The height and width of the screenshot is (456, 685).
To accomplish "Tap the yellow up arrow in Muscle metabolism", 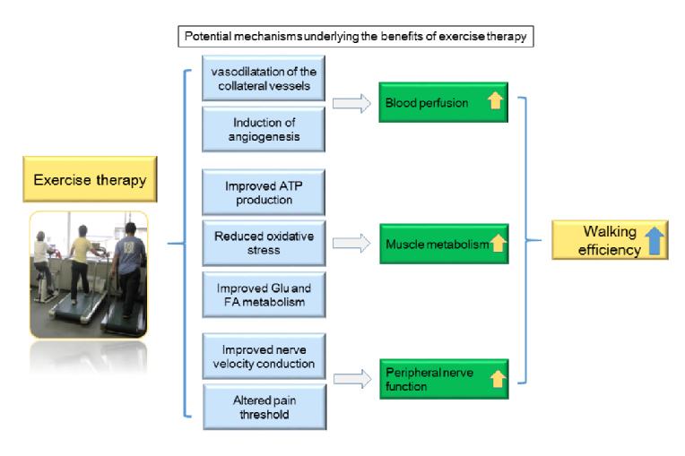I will [x=497, y=243].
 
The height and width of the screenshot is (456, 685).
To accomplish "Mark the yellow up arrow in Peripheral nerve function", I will [x=498, y=379].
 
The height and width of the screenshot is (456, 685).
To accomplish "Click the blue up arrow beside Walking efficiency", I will [x=655, y=242].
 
